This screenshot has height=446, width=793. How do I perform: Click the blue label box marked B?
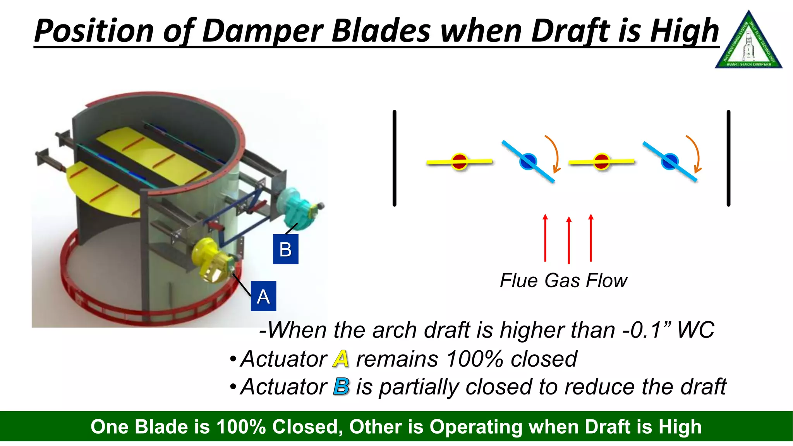pyautogui.click(x=285, y=249)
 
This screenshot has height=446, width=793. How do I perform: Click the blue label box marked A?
pyautogui.click(x=263, y=296)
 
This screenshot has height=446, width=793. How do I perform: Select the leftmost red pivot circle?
pyautogui.click(x=460, y=161)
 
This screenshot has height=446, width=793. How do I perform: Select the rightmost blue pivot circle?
pyautogui.click(x=670, y=161)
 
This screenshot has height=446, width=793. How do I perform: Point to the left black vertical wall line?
pyautogui.click(x=394, y=158)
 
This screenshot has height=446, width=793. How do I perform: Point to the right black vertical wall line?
pyautogui.click(x=728, y=158)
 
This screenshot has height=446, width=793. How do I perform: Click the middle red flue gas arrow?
pyautogui.click(x=568, y=240)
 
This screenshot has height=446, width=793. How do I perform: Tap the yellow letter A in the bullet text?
pyautogui.click(x=341, y=359)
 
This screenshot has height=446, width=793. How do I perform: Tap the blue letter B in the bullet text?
pyautogui.click(x=341, y=386)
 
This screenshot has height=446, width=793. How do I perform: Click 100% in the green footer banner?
pyautogui.click(x=241, y=427)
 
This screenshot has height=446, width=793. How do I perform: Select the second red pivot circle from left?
pyautogui.click(x=601, y=161)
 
